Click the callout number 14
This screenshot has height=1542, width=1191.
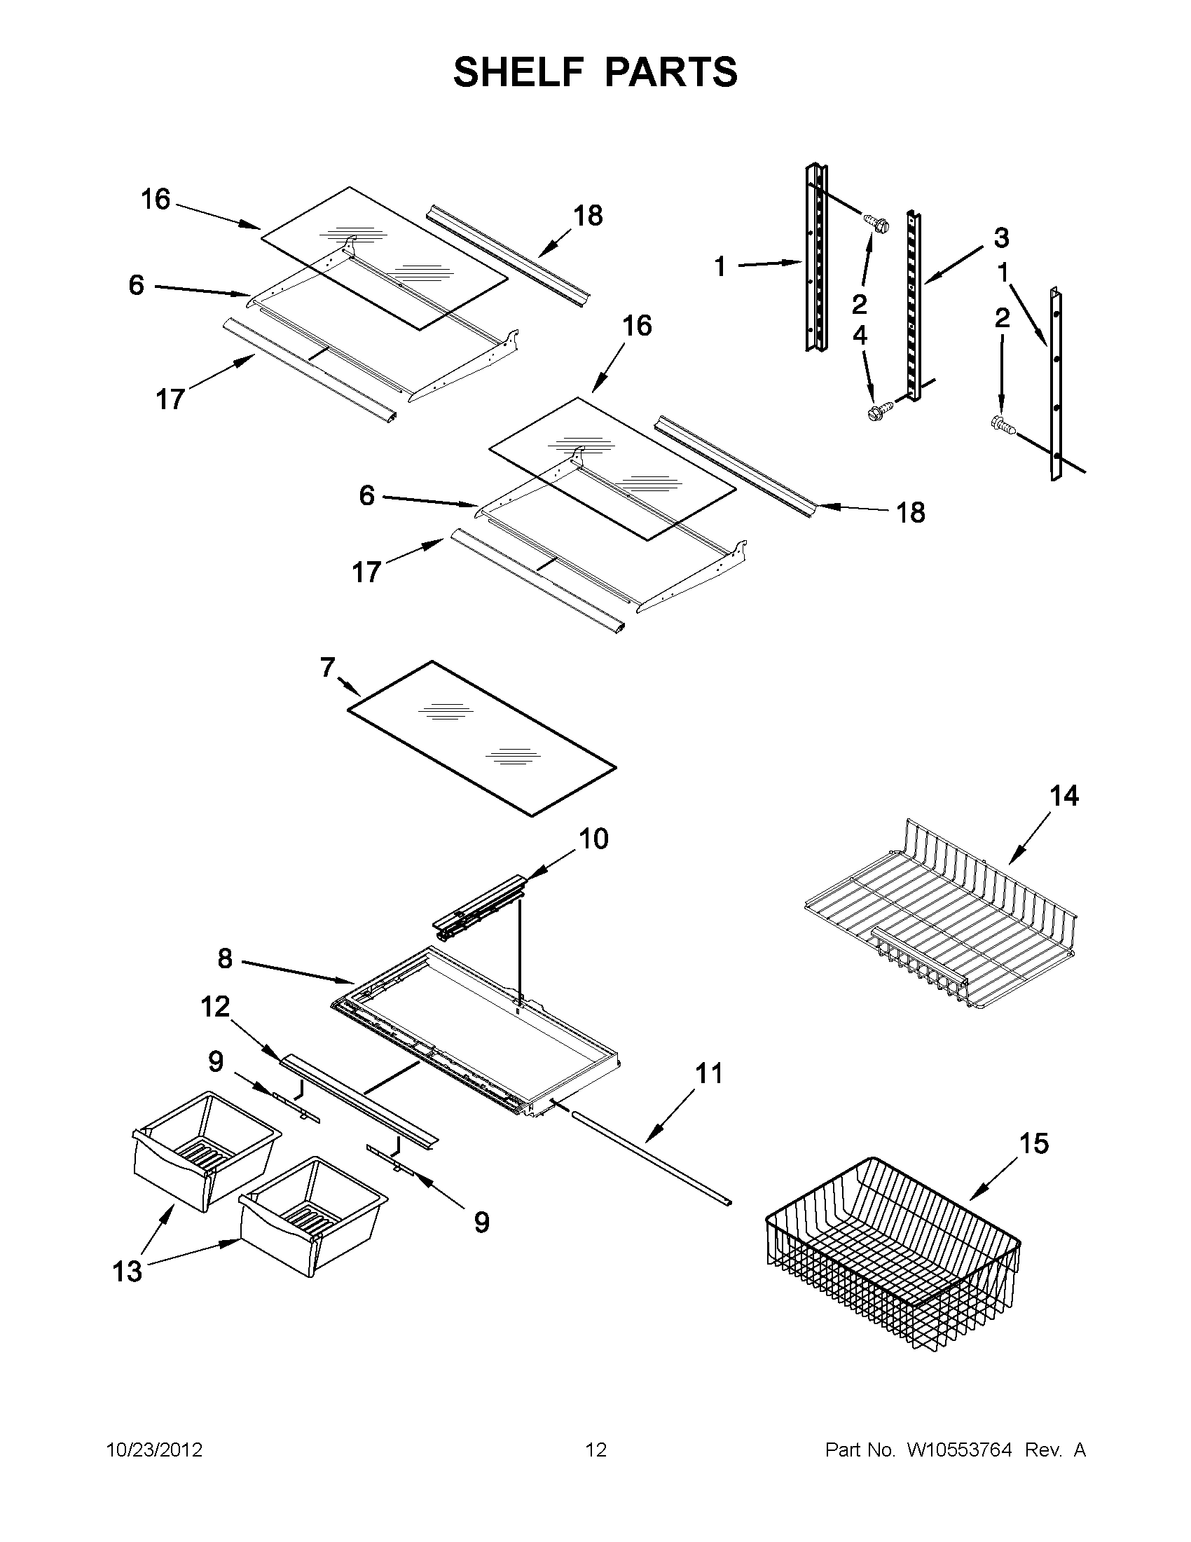(x=1064, y=797)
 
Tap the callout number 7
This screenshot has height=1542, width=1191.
(x=328, y=667)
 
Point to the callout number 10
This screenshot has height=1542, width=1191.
(x=593, y=839)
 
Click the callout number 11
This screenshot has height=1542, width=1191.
(x=710, y=1074)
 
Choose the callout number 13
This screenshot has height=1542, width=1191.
(x=128, y=1272)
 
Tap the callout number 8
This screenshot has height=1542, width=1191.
(x=224, y=959)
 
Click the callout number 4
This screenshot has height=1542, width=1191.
(x=859, y=336)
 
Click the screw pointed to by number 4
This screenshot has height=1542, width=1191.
(x=881, y=411)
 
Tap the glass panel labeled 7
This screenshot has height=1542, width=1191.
(x=481, y=738)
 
